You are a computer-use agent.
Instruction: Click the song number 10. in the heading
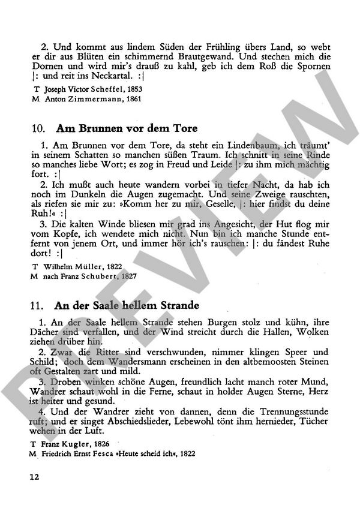35,129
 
